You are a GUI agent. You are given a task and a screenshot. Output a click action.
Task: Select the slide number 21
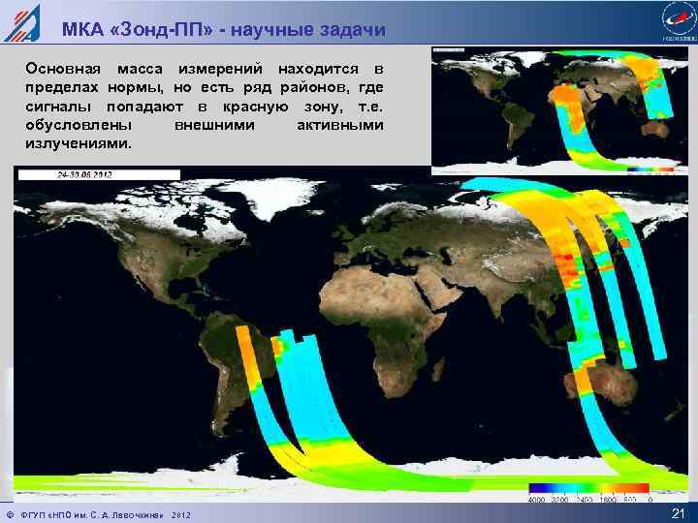[678, 512]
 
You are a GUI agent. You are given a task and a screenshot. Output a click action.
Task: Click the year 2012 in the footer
[182, 512]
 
